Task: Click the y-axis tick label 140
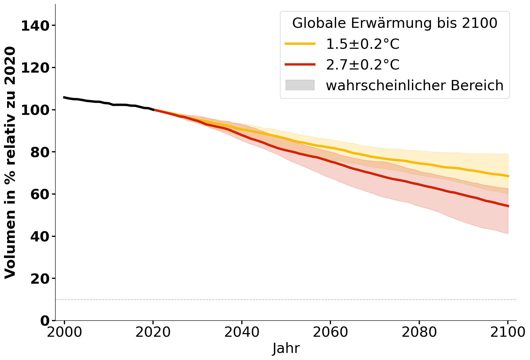coord(35,26)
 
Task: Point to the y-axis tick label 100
coord(35,110)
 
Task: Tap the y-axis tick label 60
coord(39,194)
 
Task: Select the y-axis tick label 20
coord(39,279)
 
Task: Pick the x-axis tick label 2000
coord(64,332)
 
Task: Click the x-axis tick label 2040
coord(242,332)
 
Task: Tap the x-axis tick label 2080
coord(419,332)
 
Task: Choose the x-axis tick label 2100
coord(508,332)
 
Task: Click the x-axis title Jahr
coord(286,348)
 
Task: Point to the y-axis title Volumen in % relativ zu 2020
coord(11,163)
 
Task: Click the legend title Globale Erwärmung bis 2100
coord(395,23)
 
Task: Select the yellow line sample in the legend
coord(300,44)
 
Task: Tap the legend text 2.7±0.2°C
coord(363,65)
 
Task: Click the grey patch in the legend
coord(300,85)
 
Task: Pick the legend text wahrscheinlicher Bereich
coord(414,85)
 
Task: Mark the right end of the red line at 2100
coord(508,206)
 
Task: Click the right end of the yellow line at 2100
coord(508,176)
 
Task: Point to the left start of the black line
coord(64,97)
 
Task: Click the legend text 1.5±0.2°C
coord(363,44)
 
